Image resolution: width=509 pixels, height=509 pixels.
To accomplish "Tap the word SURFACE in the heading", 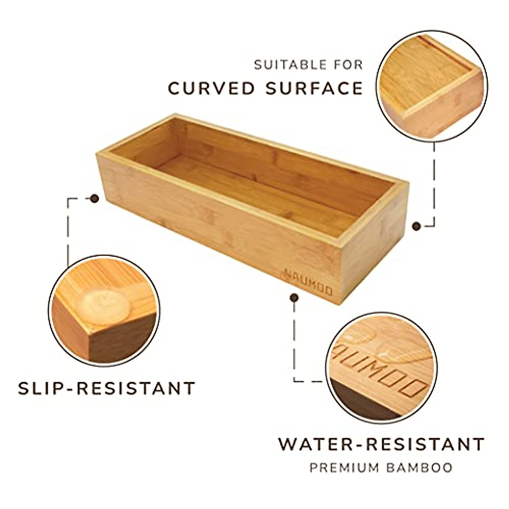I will pos(314,88).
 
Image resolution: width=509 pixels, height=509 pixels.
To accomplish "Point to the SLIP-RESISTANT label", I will pos(106,388).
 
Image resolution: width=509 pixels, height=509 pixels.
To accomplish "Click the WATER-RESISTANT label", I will pos(381,445).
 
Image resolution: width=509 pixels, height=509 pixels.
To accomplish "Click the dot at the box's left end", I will pos(94,198).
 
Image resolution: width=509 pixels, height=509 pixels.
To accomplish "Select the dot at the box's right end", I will pos(417,226).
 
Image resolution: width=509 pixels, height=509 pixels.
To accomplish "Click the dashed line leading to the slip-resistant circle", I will pos(68,229).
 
